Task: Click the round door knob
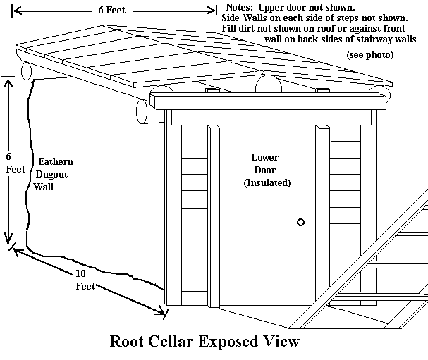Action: (300, 222)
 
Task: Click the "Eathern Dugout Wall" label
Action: (54, 174)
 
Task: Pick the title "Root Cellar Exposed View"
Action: (204, 342)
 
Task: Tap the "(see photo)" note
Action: (369, 54)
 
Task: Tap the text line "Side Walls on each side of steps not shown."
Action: (314, 17)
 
